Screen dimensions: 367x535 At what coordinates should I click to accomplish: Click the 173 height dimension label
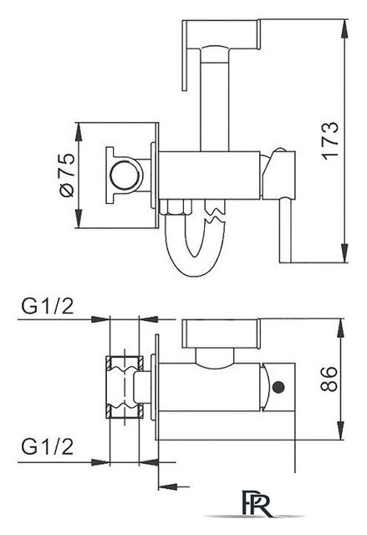pyautogui.click(x=330, y=140)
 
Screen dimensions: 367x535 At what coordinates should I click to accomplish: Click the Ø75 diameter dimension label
pyautogui.click(x=67, y=175)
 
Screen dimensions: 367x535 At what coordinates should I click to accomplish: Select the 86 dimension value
pyautogui.click(x=329, y=379)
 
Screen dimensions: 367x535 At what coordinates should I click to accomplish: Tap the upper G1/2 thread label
pyautogui.click(x=48, y=306)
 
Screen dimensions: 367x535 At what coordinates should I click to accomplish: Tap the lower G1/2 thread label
pyautogui.click(x=48, y=446)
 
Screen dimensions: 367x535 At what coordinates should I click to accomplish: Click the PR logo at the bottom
pyautogui.click(x=257, y=503)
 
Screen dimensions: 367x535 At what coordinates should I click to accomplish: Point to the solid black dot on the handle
pyautogui.click(x=278, y=387)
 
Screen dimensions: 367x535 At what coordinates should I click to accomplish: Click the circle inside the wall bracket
pyautogui.click(x=125, y=175)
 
